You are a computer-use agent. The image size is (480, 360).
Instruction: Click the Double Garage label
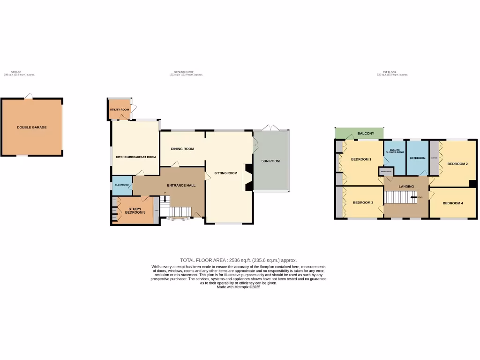32,127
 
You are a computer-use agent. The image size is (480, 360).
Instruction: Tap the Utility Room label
119,110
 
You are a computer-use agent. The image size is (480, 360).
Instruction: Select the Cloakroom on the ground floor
122,185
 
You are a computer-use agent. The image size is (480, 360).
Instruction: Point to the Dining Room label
182,149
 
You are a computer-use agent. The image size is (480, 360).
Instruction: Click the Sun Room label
270,161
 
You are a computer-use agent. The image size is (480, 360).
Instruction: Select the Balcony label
366,134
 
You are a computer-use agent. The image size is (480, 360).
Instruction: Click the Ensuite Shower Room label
395,151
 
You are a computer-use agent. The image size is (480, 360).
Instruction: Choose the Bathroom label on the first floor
417,158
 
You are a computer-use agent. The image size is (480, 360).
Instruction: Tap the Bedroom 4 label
452,203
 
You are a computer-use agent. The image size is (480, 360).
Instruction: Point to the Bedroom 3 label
363,202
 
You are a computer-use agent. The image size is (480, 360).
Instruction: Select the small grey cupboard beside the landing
386,172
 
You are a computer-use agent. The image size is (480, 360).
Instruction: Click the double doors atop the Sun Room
270,127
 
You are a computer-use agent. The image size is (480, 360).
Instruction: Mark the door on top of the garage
29,96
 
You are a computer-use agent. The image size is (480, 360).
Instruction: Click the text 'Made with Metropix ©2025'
238,287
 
